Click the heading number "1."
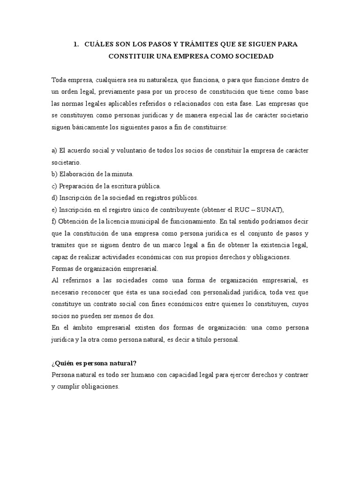76,44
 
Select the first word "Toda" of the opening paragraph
59,79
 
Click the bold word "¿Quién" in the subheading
64,364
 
